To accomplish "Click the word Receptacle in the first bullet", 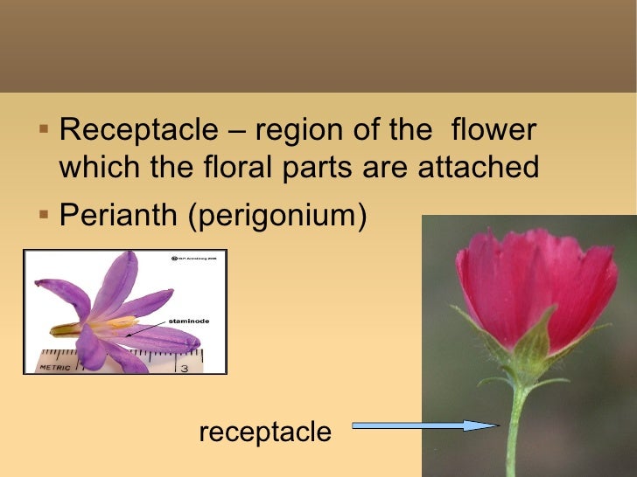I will pos(138,132).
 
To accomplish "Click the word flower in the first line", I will pos(492,132).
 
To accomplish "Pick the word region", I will pos(304,132).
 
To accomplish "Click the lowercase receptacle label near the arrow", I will pos(265,432).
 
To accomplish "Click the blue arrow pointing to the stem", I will pos(424,425).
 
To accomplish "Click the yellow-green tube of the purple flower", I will pos(66,329).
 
